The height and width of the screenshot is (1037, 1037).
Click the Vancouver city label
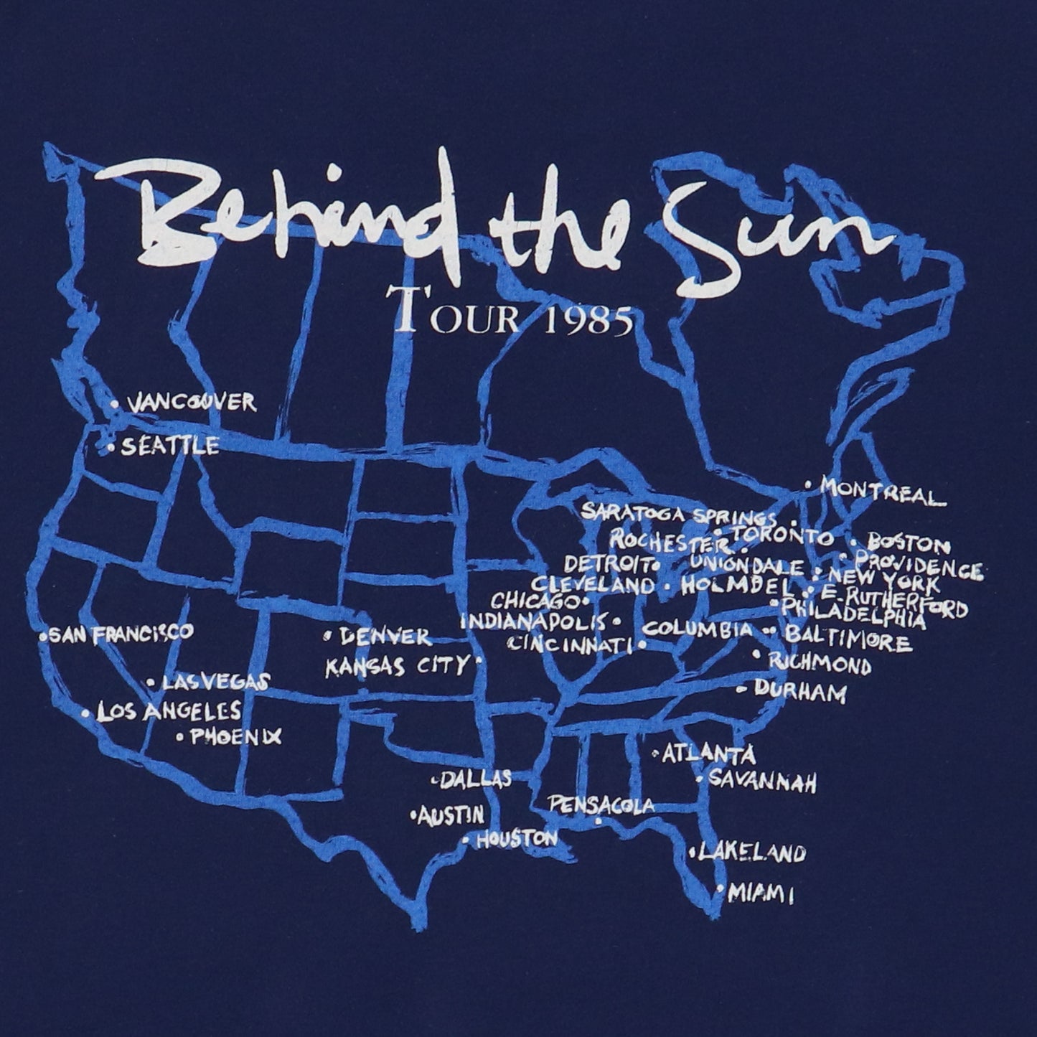(x=191, y=402)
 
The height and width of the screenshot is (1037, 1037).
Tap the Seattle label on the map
(x=169, y=446)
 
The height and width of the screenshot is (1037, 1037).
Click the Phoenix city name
(x=235, y=736)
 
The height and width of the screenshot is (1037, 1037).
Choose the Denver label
(x=385, y=636)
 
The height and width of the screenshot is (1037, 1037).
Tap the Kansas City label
(x=397, y=666)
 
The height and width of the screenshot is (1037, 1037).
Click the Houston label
(x=517, y=838)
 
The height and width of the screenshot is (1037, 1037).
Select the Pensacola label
(x=601, y=805)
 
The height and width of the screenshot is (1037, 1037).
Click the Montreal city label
(x=879, y=492)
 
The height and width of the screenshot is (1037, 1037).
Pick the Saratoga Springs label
(x=677, y=513)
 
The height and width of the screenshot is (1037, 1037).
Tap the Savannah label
(x=762, y=780)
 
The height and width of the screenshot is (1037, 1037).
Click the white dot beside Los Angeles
(x=86, y=714)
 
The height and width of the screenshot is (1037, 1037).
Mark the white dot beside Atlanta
(x=656, y=754)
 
